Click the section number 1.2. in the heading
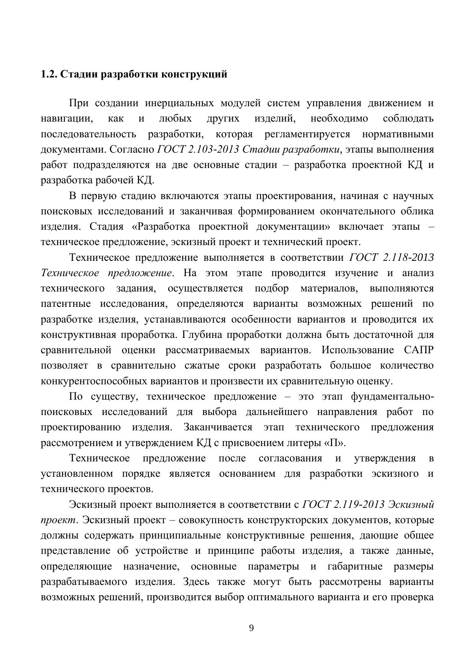pyautogui.click(x=49, y=74)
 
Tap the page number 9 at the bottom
pyautogui.click(x=251, y=628)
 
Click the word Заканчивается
pyautogui.click(x=218, y=427)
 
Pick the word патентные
pyautogui.click(x=66, y=304)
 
